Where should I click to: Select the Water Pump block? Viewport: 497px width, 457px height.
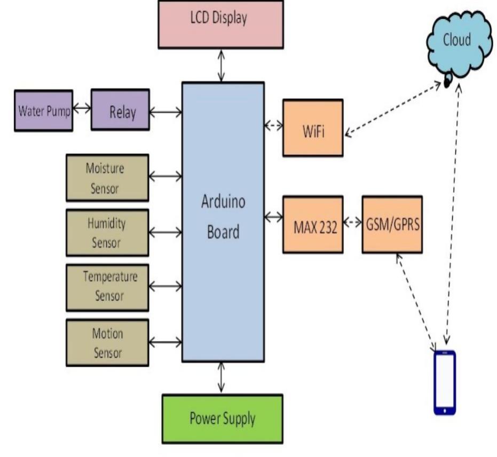point(43,111)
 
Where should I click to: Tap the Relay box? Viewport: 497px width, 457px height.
point(120,111)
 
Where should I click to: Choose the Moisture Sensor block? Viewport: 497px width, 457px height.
point(107,178)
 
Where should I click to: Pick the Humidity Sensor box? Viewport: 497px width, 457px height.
point(107,233)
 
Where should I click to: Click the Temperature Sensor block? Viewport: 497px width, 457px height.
point(107,286)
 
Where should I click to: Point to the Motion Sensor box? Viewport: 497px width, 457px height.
point(107,343)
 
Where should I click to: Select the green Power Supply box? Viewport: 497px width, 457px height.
point(222,419)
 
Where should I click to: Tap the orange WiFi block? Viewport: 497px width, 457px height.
point(312,128)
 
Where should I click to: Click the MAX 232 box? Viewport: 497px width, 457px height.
point(312,225)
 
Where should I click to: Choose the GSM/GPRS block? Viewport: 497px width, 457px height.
point(392,225)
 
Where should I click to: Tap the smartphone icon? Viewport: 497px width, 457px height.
point(444,382)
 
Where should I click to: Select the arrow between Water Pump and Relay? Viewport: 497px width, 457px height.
point(82,108)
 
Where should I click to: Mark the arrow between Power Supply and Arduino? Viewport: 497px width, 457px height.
point(222,378)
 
